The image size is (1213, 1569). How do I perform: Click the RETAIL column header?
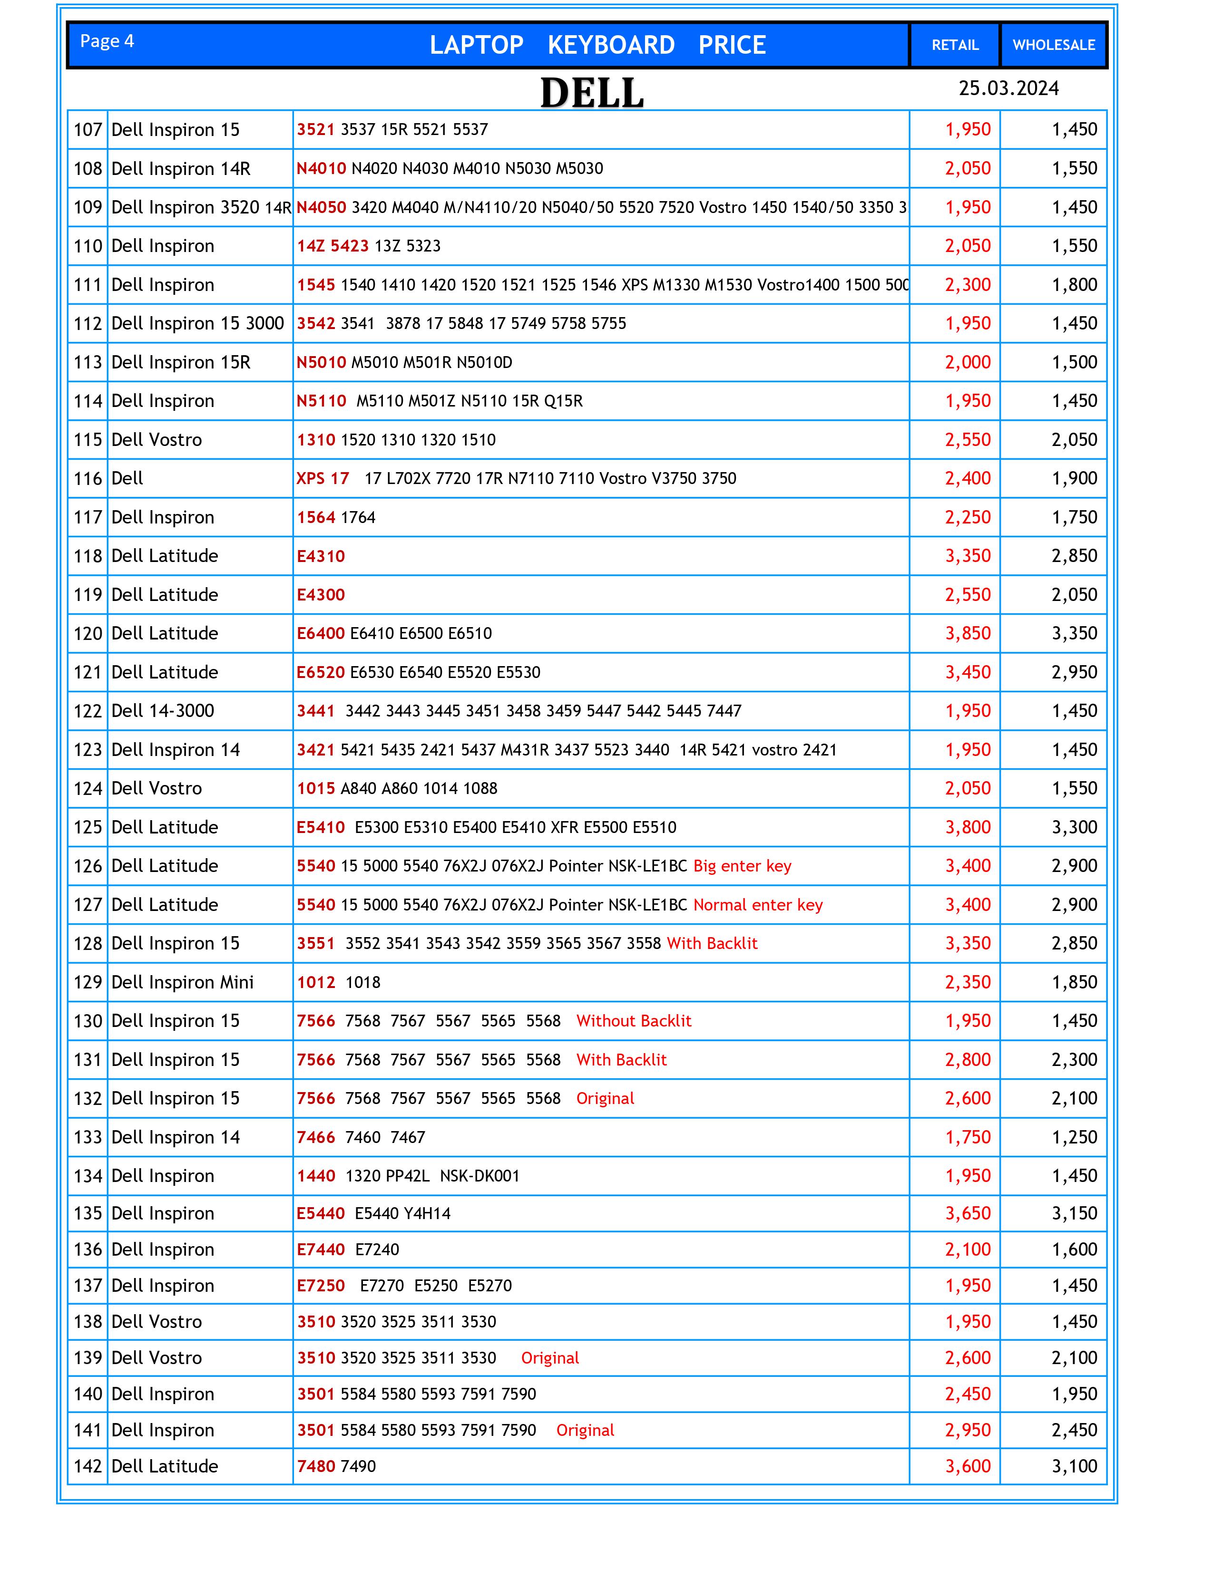(x=955, y=45)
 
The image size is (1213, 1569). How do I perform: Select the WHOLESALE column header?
(x=1054, y=45)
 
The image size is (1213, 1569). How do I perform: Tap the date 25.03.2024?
(x=1008, y=88)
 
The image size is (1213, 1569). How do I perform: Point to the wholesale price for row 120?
(x=1074, y=634)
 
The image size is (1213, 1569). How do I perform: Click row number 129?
(x=88, y=983)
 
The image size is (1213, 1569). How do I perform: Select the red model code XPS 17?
(x=323, y=478)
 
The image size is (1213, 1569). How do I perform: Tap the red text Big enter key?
(x=743, y=866)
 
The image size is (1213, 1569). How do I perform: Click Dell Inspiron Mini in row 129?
(x=183, y=983)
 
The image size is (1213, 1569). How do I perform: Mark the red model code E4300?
(x=321, y=595)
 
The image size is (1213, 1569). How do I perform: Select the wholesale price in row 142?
(x=1074, y=1466)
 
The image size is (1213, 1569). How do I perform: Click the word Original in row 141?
(x=585, y=1430)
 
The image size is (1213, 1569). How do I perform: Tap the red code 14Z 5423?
(x=333, y=246)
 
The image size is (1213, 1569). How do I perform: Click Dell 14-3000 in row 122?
(x=163, y=711)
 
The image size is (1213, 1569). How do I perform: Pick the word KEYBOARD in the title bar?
(x=611, y=45)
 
